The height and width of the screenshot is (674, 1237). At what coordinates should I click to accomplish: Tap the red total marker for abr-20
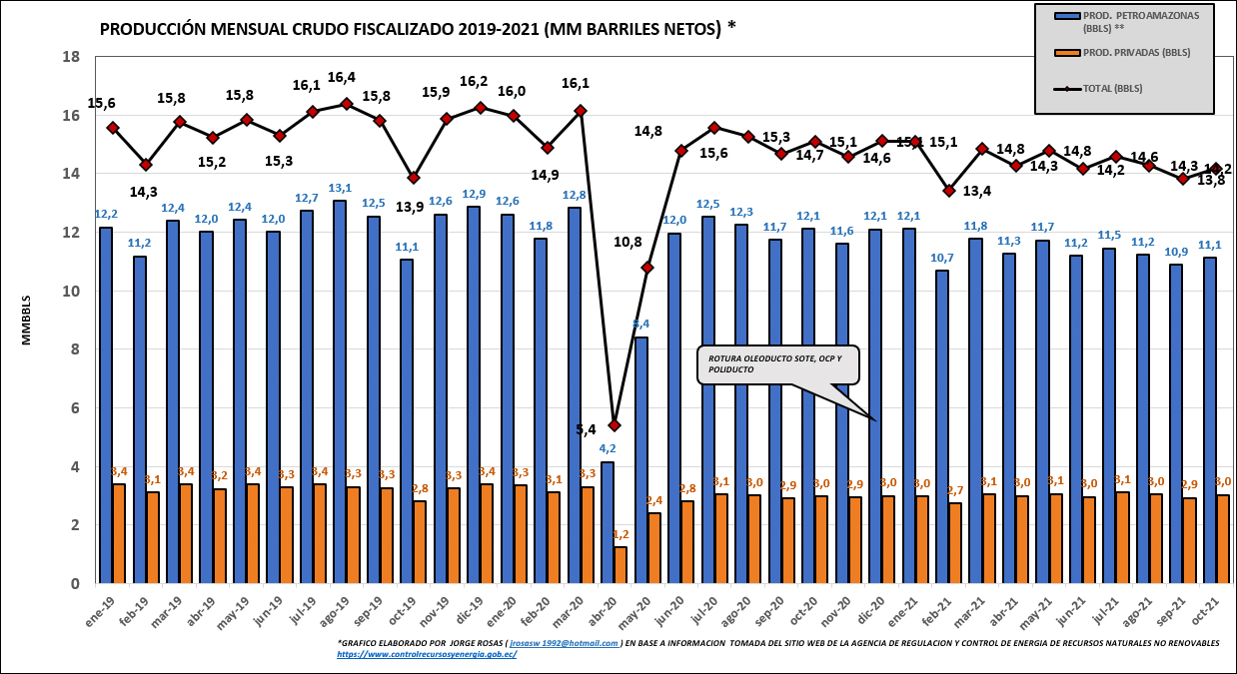click(615, 425)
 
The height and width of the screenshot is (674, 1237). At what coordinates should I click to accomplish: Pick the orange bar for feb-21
click(955, 543)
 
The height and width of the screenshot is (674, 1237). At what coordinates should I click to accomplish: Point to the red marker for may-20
click(647, 268)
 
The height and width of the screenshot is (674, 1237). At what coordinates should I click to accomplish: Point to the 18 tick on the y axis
click(72, 57)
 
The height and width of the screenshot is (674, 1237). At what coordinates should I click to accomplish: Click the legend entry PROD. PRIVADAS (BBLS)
click(1122, 52)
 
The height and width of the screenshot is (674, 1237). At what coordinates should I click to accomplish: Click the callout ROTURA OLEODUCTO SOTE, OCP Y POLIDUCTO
click(777, 364)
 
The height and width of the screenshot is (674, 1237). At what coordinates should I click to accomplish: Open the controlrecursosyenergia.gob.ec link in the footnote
click(427, 654)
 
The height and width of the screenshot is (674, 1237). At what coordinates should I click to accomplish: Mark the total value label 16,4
click(342, 77)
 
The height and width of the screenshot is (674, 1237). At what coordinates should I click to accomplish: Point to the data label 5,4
click(587, 430)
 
